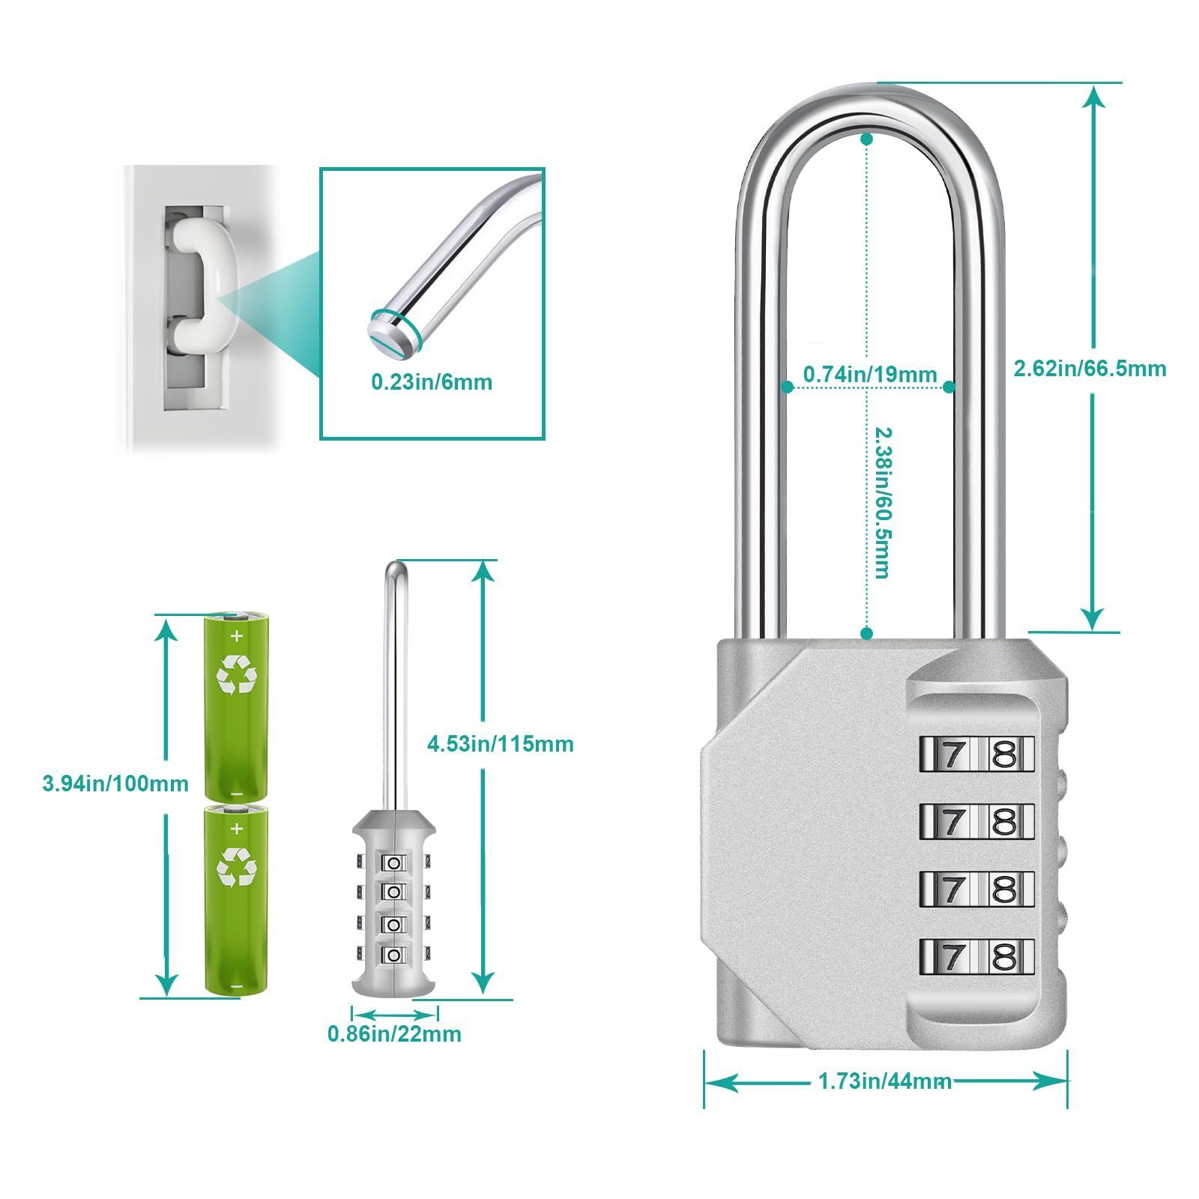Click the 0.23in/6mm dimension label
(432, 382)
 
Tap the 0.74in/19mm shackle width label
(870, 374)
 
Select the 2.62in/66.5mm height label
(1090, 368)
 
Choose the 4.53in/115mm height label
(500, 744)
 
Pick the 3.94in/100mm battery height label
(115, 784)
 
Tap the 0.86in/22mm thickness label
(394, 1034)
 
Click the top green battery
(236, 707)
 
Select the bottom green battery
(236, 900)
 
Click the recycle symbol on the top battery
(236, 674)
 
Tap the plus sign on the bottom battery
(237, 829)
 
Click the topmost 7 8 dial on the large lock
(976, 754)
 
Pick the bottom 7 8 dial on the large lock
(976, 956)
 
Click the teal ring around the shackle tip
(396, 330)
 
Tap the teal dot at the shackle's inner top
(867, 139)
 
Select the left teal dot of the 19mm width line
(787, 387)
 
